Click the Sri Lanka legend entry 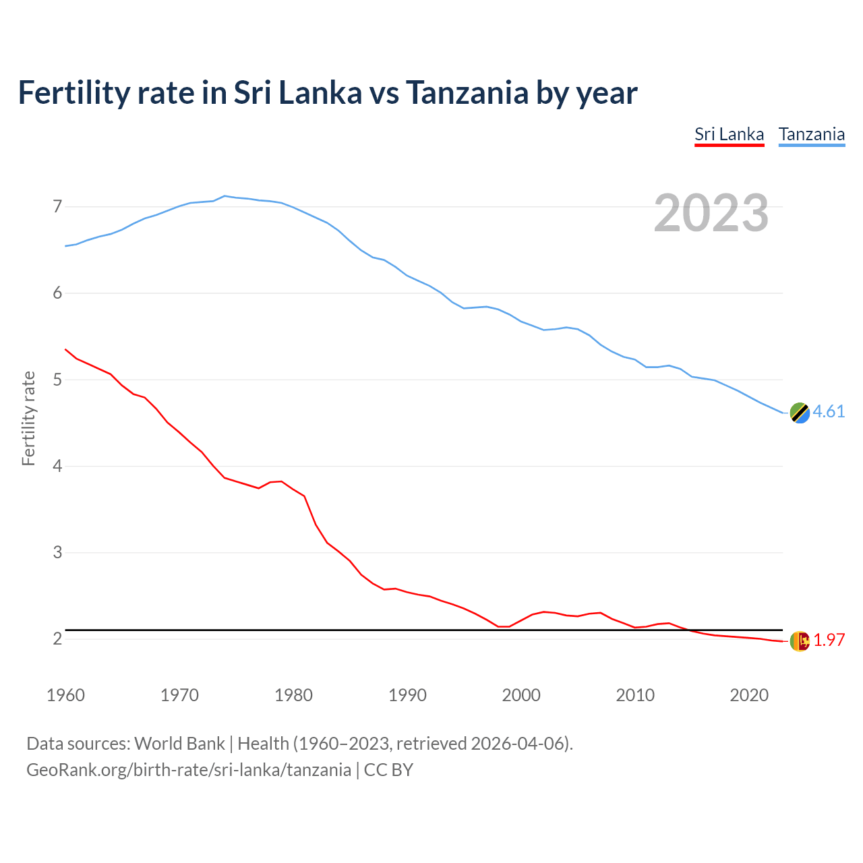[x=729, y=134]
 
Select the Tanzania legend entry [x=811, y=134]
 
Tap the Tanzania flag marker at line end [x=800, y=413]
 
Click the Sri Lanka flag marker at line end [x=800, y=641]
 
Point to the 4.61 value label [x=829, y=411]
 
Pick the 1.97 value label [x=829, y=640]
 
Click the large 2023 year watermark [x=711, y=213]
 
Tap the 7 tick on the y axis [x=57, y=206]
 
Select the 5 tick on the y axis [x=57, y=380]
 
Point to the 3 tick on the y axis [x=57, y=552]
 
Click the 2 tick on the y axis [x=57, y=638]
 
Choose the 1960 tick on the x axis [x=65, y=695]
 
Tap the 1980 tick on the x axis [x=293, y=695]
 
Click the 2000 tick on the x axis [x=521, y=695]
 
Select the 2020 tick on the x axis [x=749, y=695]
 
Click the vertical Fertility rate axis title [x=28, y=418]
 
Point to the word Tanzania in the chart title [x=467, y=92]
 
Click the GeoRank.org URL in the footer [x=189, y=769]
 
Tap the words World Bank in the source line [x=179, y=743]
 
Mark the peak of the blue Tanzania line [x=225, y=196]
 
